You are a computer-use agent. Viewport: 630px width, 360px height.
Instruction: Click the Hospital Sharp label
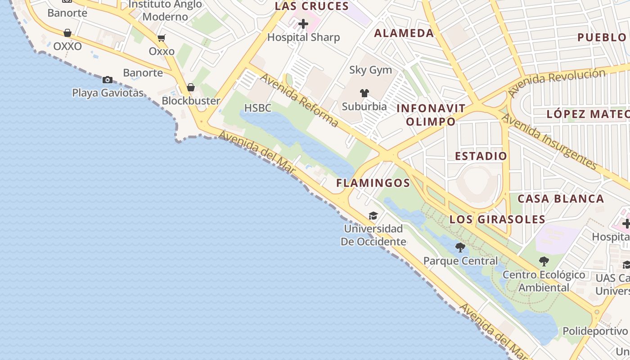[303, 37]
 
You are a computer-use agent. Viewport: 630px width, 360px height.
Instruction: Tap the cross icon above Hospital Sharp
[303, 23]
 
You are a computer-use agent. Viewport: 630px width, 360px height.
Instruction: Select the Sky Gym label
[370, 70]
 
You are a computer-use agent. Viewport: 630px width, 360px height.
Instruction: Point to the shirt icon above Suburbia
[364, 93]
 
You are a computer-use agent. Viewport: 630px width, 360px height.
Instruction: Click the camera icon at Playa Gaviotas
[108, 80]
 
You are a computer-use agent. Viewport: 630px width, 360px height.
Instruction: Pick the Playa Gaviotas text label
[108, 93]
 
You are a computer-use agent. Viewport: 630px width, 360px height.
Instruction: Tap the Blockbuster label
[191, 101]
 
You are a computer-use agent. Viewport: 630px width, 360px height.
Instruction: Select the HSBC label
[258, 108]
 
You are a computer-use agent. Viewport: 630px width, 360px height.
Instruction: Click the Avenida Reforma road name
[299, 101]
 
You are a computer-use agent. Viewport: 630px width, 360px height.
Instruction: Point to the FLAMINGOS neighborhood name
[373, 183]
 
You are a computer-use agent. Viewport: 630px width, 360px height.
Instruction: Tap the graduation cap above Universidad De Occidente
[373, 216]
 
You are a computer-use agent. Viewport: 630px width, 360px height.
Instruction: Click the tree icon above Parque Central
[460, 247]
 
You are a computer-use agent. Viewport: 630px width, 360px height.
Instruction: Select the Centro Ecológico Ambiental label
[544, 281]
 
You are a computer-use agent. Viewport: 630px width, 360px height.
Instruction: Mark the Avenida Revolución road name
[557, 82]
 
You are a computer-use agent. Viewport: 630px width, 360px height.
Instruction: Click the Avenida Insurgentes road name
[550, 141]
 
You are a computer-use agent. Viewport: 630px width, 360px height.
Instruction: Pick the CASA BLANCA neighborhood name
[560, 198]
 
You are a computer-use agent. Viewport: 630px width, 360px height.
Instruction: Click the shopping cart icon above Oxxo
[162, 38]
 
